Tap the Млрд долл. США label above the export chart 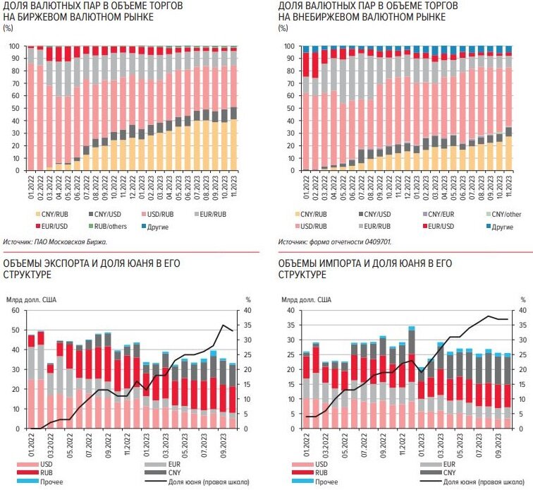point(32,299)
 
